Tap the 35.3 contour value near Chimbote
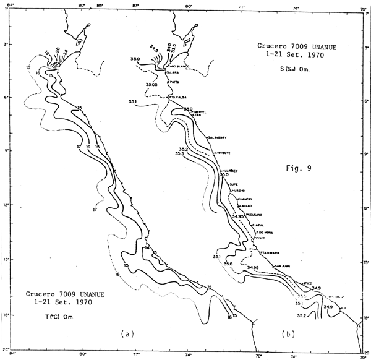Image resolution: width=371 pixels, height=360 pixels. pyautogui.click(x=181, y=155)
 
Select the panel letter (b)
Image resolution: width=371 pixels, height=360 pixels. pyautogui.click(x=288, y=334)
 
